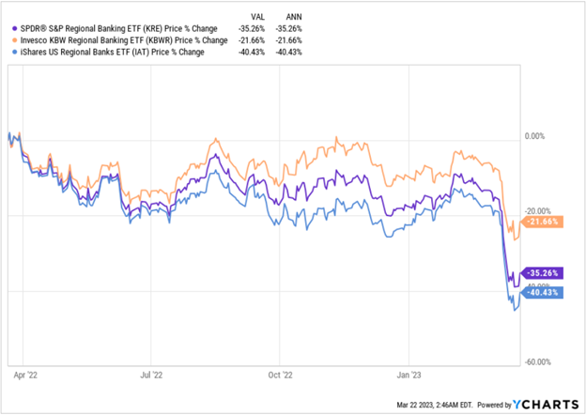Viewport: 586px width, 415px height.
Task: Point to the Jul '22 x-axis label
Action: pyautogui.click(x=152, y=373)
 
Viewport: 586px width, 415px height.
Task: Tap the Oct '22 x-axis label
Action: pyautogui.click(x=280, y=373)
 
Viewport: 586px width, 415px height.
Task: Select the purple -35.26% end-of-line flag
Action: pyautogui.click(x=543, y=273)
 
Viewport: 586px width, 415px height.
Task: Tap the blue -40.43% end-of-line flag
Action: pyautogui.click(x=543, y=292)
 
